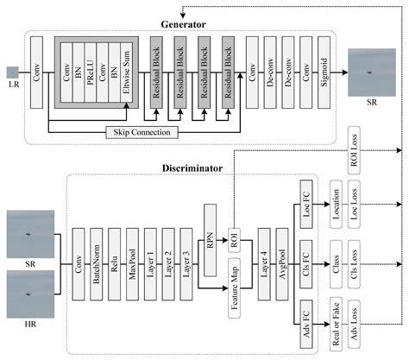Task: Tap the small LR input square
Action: tap(12, 73)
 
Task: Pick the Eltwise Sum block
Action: tap(127, 74)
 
